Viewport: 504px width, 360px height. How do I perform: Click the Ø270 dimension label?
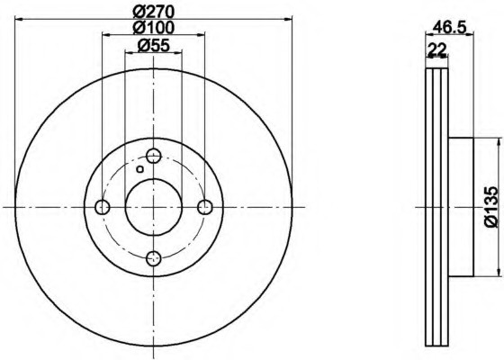pyautogui.click(x=154, y=13)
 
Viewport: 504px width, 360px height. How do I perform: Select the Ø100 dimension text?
pyautogui.click(x=154, y=27)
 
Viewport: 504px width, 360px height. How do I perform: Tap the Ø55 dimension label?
pyautogui.click(x=153, y=45)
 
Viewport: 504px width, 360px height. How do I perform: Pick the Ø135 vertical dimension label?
pyautogui.click(x=494, y=207)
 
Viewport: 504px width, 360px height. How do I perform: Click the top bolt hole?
pyautogui.click(x=154, y=157)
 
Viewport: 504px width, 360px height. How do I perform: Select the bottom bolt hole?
pyautogui.click(x=154, y=259)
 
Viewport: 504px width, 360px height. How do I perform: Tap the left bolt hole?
pyautogui.click(x=103, y=207)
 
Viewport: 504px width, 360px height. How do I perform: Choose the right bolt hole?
pyautogui.click(x=205, y=207)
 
